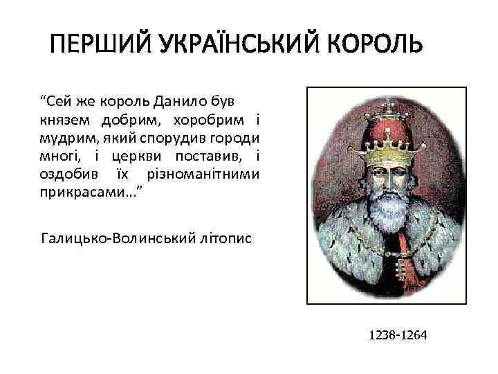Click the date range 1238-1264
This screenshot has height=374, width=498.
398,335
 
